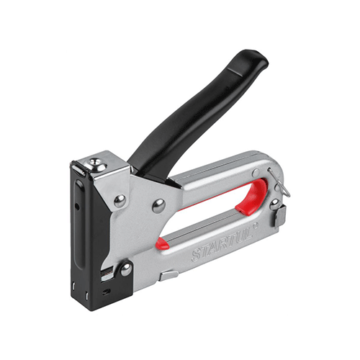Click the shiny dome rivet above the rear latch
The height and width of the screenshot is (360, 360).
[275, 204]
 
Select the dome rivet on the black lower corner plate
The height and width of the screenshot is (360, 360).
[126, 270]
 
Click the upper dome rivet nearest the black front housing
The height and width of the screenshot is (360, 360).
[120, 201]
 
